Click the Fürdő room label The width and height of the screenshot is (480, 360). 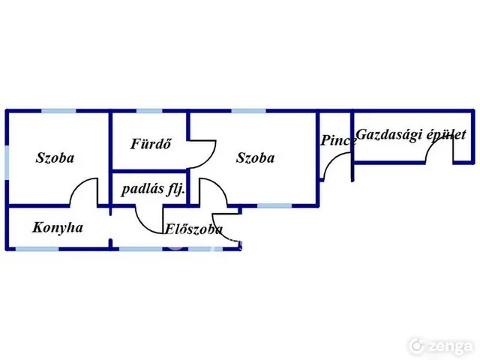[151, 144]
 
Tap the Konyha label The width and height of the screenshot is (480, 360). [58, 228]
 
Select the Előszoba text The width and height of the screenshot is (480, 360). [193, 229]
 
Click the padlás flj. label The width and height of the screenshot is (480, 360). [153, 189]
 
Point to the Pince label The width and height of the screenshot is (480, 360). [338, 140]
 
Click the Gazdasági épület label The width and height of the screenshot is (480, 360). [411, 135]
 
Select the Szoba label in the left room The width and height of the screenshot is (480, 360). [55, 157]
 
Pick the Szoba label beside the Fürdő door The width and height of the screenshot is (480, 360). [255, 157]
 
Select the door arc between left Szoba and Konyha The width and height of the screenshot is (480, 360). [78, 184]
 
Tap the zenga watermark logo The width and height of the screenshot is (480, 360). [442, 346]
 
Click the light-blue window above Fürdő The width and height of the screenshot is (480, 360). [149, 111]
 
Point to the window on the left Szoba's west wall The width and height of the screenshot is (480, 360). [7, 163]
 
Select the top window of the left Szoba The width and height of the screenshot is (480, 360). [58, 111]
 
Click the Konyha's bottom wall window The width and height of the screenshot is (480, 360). [37, 249]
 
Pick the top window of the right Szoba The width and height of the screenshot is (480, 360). [248, 111]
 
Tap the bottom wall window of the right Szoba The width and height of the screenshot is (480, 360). [274, 205]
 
